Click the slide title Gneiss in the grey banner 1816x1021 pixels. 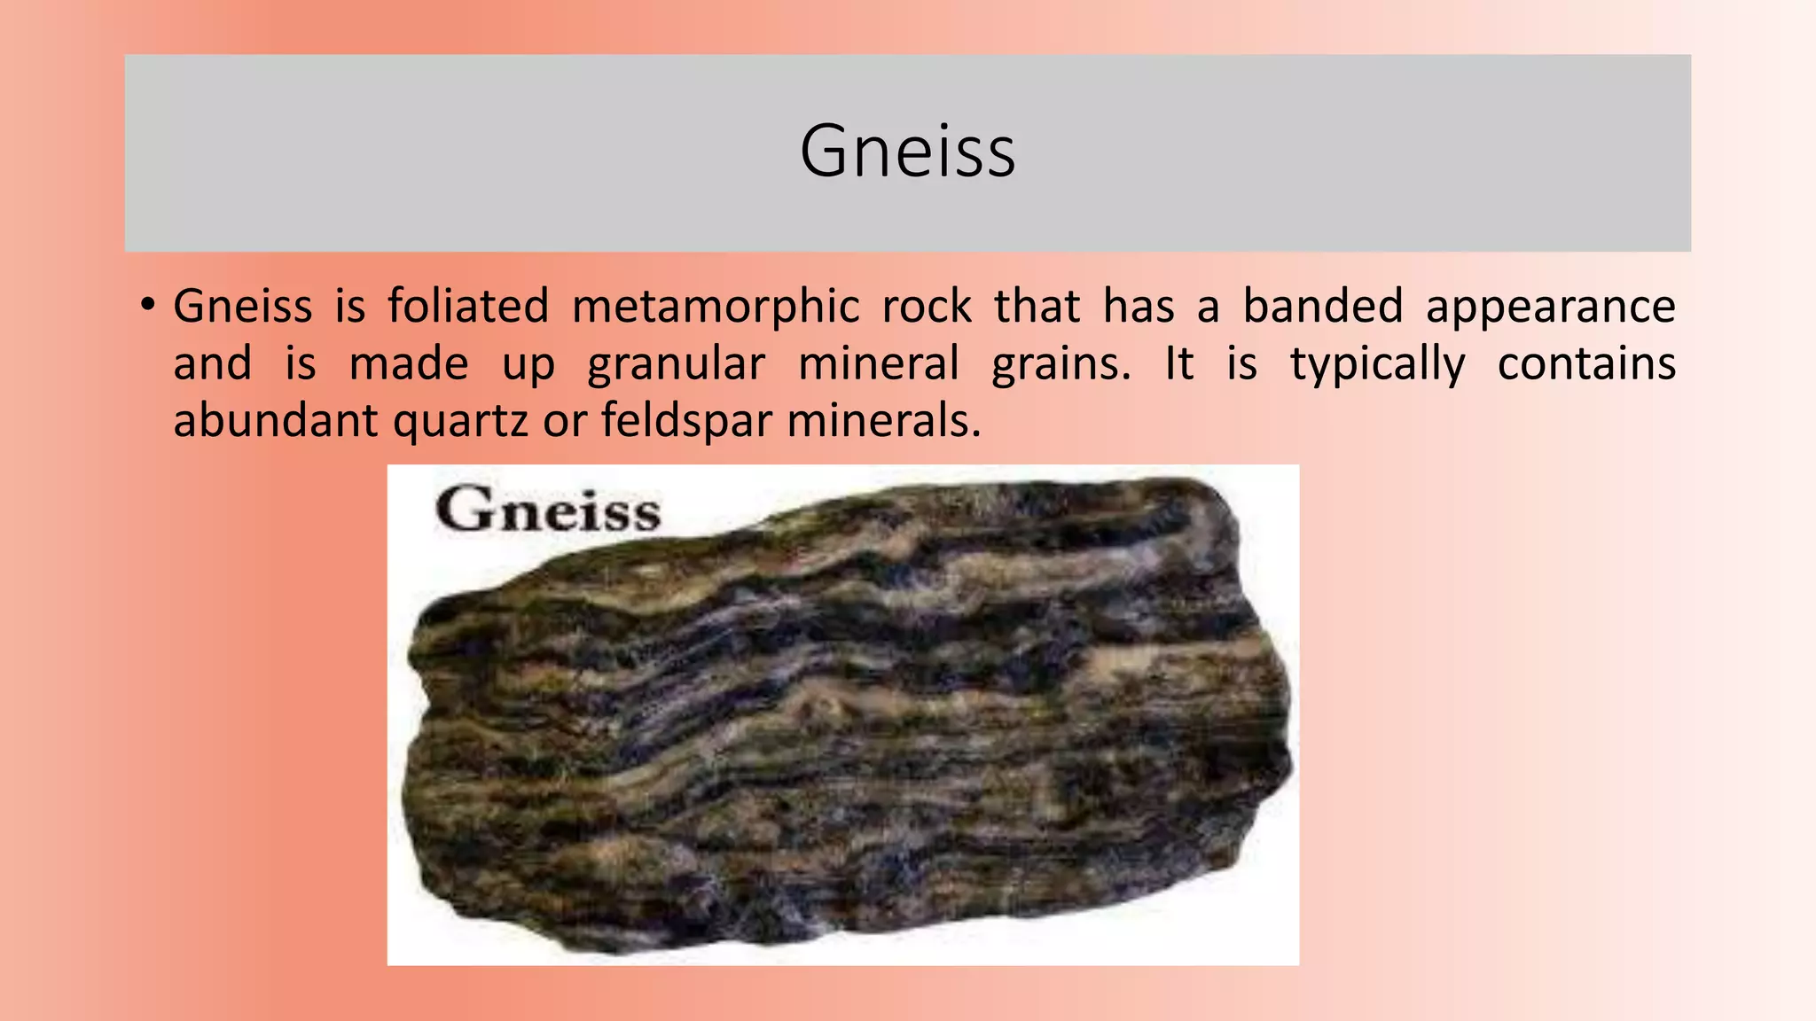pos(907,152)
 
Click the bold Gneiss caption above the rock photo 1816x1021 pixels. pos(548,510)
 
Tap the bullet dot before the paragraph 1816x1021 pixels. pos(148,307)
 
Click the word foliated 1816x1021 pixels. pos(468,307)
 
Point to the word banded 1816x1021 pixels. pos(1322,307)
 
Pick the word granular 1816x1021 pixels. pos(676,365)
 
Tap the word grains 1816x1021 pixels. pos(1061,365)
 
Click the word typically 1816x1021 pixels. pos(1377,365)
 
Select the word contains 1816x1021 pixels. pos(1586,363)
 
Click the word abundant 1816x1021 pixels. pos(275,420)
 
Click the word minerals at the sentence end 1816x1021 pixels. pos(883,420)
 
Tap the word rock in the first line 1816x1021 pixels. pos(927,307)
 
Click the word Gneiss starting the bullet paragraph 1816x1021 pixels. pos(242,307)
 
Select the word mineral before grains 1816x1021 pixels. pos(878,363)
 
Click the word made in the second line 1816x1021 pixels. pos(409,363)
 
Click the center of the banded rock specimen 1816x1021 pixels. pos(847,718)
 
